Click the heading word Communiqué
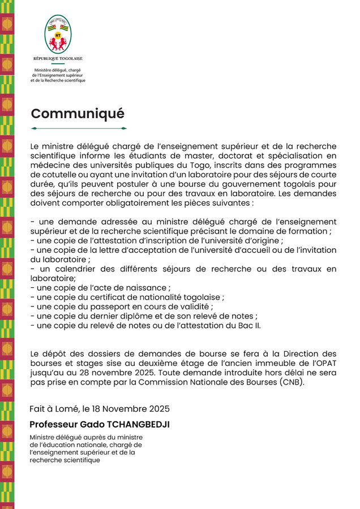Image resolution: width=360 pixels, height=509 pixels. tap(78, 113)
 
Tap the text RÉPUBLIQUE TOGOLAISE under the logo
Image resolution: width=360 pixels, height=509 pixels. tap(58, 59)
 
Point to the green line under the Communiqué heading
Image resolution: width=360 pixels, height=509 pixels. tap(78, 128)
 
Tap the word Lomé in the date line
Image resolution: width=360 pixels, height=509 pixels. tap(72, 409)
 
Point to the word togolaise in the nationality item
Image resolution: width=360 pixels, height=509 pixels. tap(200, 297)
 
